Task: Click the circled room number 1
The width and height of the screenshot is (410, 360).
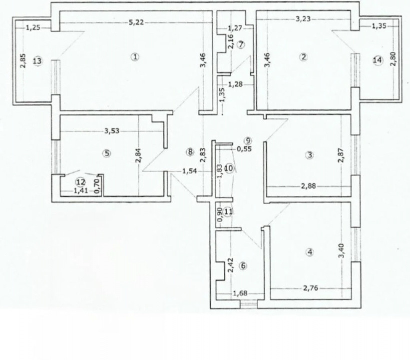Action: tap(134, 56)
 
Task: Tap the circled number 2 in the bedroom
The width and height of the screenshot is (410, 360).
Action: tap(303, 56)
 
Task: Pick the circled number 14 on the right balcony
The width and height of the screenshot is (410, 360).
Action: tap(378, 60)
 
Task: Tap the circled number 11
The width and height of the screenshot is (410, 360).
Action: tap(228, 212)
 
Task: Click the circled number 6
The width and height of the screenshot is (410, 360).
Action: tap(243, 265)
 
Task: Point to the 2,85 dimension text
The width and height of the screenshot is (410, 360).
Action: tap(23, 61)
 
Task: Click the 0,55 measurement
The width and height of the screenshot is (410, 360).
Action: tap(244, 148)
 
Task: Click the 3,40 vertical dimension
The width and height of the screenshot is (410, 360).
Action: tap(342, 250)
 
